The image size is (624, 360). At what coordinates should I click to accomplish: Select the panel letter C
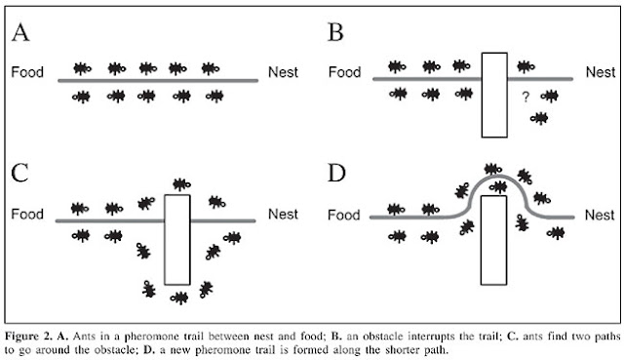point(22,176)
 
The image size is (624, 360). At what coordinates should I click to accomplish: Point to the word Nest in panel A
point(283,72)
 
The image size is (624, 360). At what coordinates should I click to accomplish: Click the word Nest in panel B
point(600,71)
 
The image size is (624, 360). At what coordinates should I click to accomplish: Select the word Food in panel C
point(29,215)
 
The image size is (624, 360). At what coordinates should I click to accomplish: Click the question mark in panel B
point(525,97)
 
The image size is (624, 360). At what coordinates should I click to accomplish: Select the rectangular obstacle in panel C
point(176,238)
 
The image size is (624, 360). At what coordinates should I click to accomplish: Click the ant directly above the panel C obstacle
point(178,184)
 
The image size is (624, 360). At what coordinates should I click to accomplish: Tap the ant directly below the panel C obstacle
point(177,295)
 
